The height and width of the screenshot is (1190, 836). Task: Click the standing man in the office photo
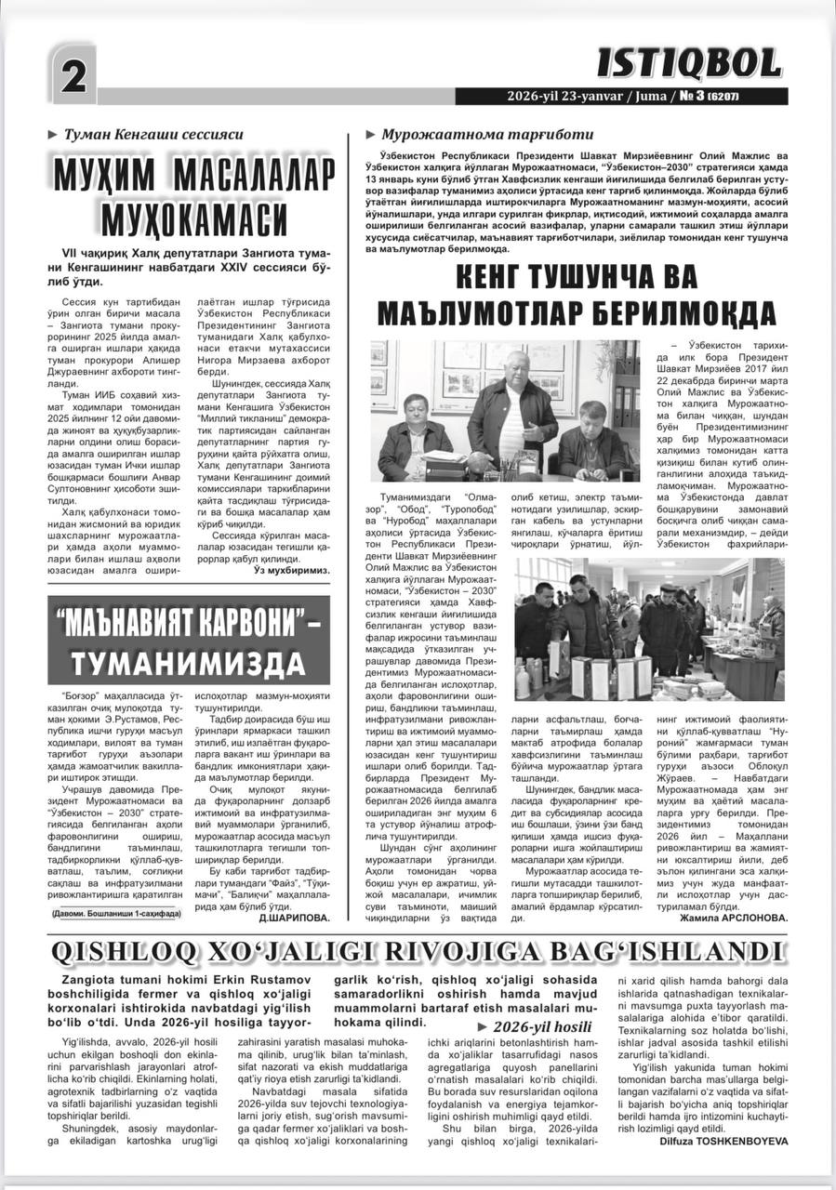[x=511, y=409]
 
